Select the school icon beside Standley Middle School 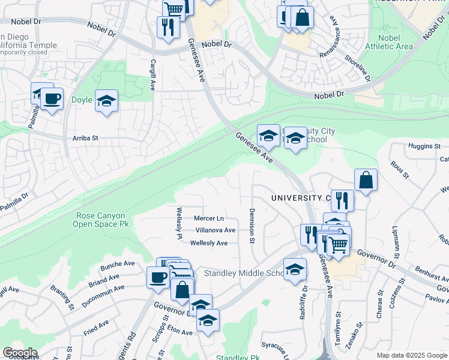click(x=295, y=270)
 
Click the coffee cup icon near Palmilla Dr click(x=52, y=99)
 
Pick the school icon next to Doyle click(x=106, y=101)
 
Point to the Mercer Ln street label click(x=209, y=218)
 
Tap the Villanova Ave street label click(x=215, y=230)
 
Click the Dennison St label click(x=252, y=226)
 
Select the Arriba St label click(x=85, y=138)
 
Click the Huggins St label click(x=424, y=146)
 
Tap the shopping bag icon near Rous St click(x=366, y=181)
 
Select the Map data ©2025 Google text click(x=411, y=355)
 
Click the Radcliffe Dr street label click(x=303, y=303)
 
